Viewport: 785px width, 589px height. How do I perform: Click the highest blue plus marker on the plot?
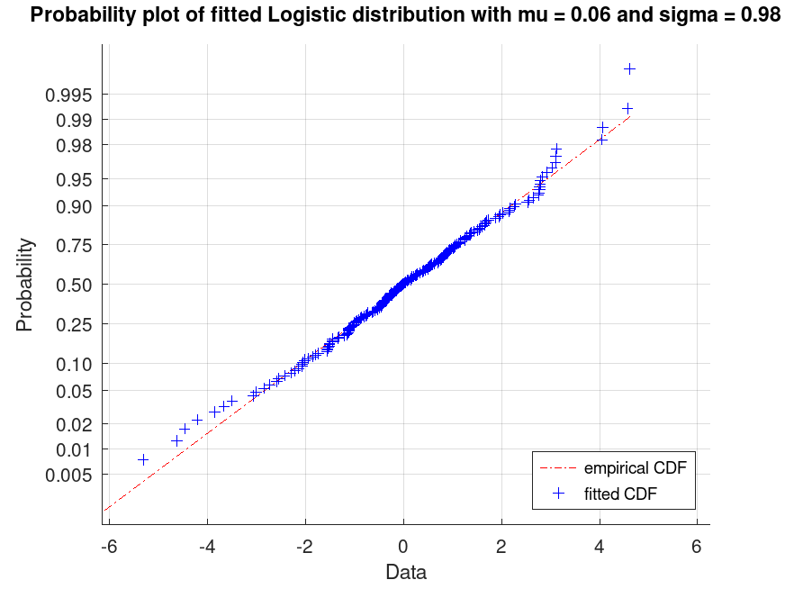(630, 68)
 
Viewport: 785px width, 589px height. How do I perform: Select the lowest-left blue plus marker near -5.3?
(143, 459)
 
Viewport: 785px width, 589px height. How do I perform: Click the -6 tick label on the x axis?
(108, 547)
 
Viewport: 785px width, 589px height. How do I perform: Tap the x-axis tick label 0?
(403, 547)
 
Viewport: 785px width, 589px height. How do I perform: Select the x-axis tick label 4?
(599, 547)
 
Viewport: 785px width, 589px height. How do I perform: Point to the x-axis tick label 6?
(697, 547)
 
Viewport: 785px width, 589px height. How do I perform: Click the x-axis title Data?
(406, 572)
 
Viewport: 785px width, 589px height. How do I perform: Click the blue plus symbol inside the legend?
(559, 494)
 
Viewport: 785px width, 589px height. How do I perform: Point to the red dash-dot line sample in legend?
(559, 468)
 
